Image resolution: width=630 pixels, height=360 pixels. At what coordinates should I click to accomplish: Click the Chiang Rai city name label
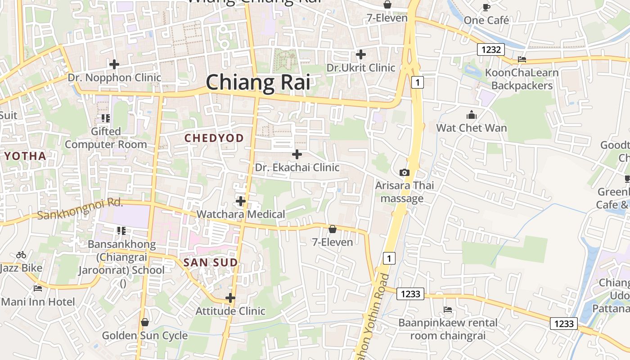pyautogui.click(x=258, y=83)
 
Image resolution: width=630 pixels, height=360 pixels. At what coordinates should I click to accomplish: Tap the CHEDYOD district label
pyautogui.click(x=214, y=138)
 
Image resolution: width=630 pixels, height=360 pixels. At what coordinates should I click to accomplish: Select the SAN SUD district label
pyautogui.click(x=211, y=262)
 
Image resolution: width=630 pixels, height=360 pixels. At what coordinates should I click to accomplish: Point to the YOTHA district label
pyautogui.click(x=25, y=157)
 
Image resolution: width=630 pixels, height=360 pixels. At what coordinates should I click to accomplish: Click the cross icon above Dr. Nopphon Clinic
pyautogui.click(x=114, y=64)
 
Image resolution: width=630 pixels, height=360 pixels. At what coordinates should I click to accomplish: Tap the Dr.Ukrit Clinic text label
pyautogui.click(x=361, y=68)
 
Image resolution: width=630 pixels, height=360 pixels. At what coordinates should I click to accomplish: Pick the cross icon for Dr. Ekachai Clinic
pyautogui.click(x=297, y=154)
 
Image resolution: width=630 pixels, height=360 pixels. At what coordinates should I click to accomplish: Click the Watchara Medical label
pyautogui.click(x=241, y=214)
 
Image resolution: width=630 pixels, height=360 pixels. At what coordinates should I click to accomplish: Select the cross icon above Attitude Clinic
pyautogui.click(x=230, y=298)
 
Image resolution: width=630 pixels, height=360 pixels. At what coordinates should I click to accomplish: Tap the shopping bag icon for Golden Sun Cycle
pyautogui.click(x=145, y=322)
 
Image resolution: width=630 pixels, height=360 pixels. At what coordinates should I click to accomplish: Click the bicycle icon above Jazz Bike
pyautogui.click(x=21, y=255)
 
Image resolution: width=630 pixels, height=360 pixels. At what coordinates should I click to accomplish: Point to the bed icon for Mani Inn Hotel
pyautogui.click(x=38, y=288)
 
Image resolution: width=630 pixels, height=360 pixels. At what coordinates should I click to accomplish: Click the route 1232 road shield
pyautogui.click(x=490, y=49)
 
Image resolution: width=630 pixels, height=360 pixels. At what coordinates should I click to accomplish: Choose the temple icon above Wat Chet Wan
pyautogui.click(x=472, y=115)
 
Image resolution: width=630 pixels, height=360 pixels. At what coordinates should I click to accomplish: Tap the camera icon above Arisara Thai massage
pyautogui.click(x=405, y=172)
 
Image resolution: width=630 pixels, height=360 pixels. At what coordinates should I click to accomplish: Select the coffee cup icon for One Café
pyautogui.click(x=486, y=7)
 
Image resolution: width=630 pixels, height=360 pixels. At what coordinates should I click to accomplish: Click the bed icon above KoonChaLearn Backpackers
pyautogui.click(x=522, y=59)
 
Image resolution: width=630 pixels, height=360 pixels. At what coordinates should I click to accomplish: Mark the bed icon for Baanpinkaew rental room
pyautogui.click(x=448, y=310)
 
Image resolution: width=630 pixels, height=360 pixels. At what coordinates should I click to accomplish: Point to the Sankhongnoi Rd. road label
pyautogui.click(x=80, y=209)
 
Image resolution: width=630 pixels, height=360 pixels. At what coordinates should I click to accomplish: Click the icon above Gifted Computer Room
pyautogui.click(x=106, y=118)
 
